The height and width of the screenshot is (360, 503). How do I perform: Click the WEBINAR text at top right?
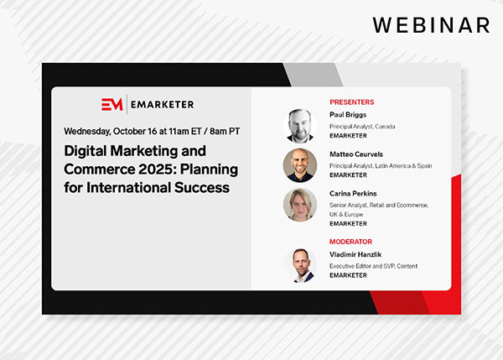point(431,24)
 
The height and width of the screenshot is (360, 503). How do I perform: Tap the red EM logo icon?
point(111,104)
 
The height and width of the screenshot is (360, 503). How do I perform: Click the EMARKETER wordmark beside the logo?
point(162,104)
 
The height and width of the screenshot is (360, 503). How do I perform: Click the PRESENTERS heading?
point(353,102)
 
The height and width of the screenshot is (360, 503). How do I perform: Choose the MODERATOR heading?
point(352,241)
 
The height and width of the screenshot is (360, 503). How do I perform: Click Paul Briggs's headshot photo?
point(300,125)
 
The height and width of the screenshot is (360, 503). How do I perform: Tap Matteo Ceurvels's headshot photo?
point(300,165)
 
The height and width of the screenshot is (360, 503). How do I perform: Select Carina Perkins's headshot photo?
point(300,205)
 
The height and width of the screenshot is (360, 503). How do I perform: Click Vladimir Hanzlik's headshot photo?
point(300,263)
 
